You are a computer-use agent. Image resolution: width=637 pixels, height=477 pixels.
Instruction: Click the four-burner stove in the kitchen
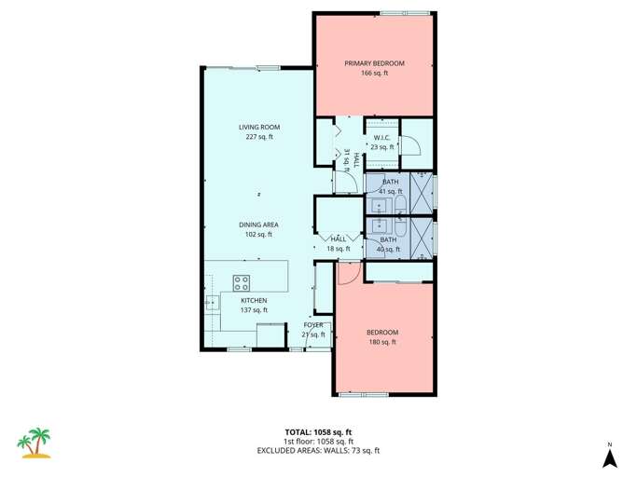tap(242, 283)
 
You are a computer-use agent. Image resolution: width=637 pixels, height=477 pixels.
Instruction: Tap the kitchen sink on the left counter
tap(210, 301)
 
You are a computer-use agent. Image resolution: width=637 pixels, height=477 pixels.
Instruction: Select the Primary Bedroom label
tap(374, 62)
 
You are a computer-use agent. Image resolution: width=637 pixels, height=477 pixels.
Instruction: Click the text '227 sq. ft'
tap(258, 137)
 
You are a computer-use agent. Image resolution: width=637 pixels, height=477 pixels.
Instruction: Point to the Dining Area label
tap(258, 225)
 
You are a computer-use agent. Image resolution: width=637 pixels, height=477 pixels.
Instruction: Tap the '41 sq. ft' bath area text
tap(389, 191)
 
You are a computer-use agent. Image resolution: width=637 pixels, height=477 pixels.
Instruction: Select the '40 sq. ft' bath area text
tap(388, 249)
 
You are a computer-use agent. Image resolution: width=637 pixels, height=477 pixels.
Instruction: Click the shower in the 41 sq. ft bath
tap(421, 190)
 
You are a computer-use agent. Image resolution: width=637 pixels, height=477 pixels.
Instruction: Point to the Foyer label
tap(312, 324)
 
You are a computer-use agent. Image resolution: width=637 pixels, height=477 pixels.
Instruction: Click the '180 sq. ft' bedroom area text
tap(381, 342)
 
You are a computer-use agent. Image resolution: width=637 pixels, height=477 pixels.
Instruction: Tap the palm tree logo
tap(36, 443)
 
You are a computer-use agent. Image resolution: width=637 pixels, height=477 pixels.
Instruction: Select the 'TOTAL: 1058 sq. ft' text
tap(318, 431)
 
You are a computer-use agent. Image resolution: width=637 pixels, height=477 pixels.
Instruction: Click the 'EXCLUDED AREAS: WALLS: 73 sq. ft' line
tap(318, 450)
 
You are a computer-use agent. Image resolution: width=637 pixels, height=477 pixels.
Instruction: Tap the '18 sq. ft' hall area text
tap(338, 249)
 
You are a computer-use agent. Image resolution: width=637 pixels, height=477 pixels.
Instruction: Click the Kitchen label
tap(254, 300)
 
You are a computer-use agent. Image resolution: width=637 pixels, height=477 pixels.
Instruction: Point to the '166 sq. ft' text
tap(374, 72)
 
